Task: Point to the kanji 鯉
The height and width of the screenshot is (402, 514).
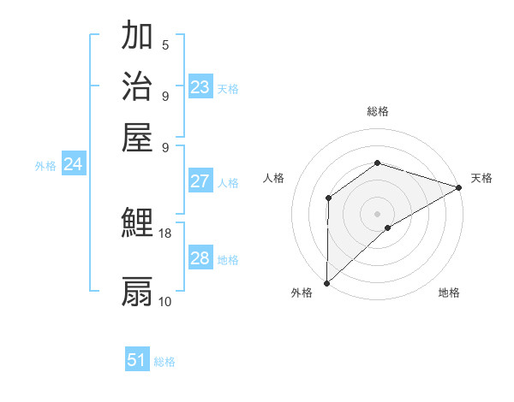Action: pyautogui.click(x=137, y=222)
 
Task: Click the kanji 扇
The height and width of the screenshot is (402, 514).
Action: pyautogui.click(x=137, y=291)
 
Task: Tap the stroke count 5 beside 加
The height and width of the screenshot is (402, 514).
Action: pyautogui.click(x=165, y=45)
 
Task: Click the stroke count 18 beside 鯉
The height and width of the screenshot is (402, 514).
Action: pyautogui.click(x=165, y=233)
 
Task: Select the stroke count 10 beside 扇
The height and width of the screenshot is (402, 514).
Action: pyautogui.click(x=165, y=301)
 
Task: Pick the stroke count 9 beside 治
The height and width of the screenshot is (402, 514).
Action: pyautogui.click(x=165, y=96)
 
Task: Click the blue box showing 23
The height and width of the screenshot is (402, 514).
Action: pyautogui.click(x=200, y=87)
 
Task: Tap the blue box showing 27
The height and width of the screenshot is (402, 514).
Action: pyautogui.click(x=200, y=181)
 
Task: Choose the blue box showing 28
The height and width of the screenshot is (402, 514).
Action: pyautogui.click(x=200, y=258)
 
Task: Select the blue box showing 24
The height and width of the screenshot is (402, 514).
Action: pyautogui.click(x=73, y=164)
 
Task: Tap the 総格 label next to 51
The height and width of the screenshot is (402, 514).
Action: pyautogui.click(x=164, y=362)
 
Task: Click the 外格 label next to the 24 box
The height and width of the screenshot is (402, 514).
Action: pyautogui.click(x=45, y=166)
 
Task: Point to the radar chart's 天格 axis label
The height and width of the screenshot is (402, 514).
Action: pyautogui.click(x=481, y=178)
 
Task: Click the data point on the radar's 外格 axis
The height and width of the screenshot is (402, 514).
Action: pyautogui.click(x=326, y=282)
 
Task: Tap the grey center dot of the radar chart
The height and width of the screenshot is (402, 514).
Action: pyautogui.click(x=377, y=213)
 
